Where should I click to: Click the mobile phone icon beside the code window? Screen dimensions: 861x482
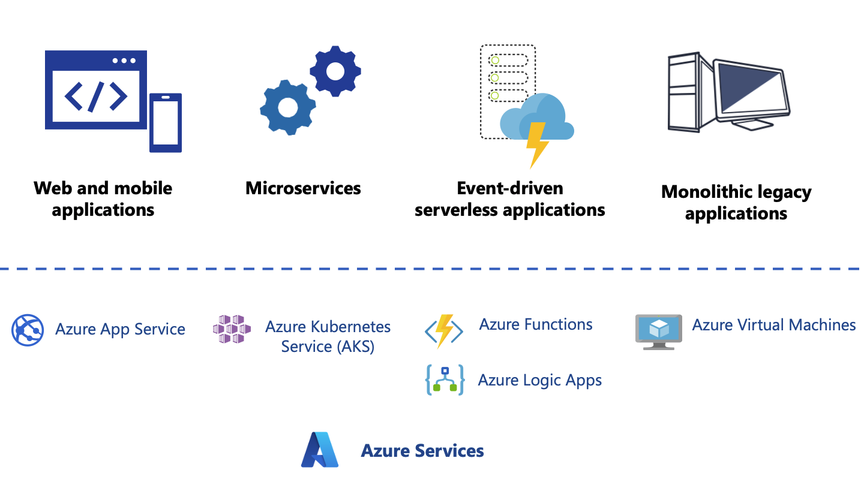pyautogui.click(x=166, y=123)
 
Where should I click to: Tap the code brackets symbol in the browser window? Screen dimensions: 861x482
pyautogui.click(x=96, y=97)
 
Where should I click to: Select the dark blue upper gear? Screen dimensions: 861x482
pyautogui.click(x=335, y=71)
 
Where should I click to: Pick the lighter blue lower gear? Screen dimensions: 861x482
pyautogui.click(x=288, y=107)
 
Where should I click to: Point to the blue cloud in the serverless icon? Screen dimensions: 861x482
pyautogui.click(x=537, y=116)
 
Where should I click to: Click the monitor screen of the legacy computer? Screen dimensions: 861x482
pyautogui.click(x=750, y=91)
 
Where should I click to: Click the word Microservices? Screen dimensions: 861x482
pyautogui.click(x=303, y=188)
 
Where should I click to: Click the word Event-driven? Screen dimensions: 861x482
pyautogui.click(x=509, y=188)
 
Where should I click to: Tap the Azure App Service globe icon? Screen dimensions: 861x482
pyautogui.click(x=27, y=330)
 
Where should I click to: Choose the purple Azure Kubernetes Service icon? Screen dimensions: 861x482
pyautogui.click(x=232, y=329)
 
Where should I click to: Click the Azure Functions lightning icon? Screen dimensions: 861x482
pyautogui.click(x=444, y=331)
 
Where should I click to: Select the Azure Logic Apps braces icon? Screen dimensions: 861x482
pyautogui.click(x=445, y=380)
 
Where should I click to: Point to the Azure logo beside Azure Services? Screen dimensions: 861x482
pyautogui.click(x=320, y=450)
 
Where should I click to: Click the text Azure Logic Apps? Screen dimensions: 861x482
pyautogui.click(x=539, y=380)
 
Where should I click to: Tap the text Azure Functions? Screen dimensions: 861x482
pyautogui.click(x=536, y=324)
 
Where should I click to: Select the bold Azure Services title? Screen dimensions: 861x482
pyautogui.click(x=422, y=450)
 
